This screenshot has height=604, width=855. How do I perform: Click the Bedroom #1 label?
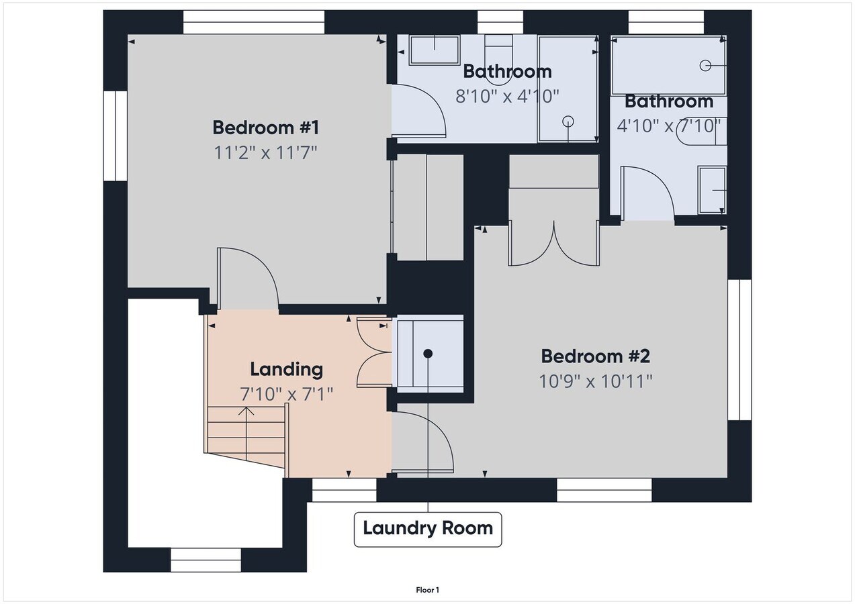(x=265, y=127)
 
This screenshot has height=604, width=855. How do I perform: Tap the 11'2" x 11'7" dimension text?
(x=265, y=153)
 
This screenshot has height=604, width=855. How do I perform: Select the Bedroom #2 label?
(x=595, y=356)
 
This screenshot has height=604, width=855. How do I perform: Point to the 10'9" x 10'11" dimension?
(x=595, y=381)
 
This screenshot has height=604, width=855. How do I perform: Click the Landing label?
(x=286, y=369)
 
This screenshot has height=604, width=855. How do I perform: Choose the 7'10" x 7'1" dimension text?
(x=286, y=394)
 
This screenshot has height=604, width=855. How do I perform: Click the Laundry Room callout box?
(x=428, y=528)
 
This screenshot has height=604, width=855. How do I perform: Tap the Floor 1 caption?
(x=427, y=591)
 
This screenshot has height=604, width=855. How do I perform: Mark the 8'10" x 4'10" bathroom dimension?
(x=507, y=97)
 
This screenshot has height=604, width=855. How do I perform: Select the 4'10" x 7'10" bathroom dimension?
(x=668, y=125)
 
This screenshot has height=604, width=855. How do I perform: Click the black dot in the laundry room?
(x=428, y=353)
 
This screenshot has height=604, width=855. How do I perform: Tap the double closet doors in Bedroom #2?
(x=554, y=243)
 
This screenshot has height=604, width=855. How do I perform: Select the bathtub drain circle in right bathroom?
(x=705, y=65)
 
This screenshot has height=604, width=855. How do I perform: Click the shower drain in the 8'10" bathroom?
(x=568, y=121)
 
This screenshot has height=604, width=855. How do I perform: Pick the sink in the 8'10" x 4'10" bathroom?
(x=435, y=50)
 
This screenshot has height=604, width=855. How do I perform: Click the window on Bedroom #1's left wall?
(x=115, y=136)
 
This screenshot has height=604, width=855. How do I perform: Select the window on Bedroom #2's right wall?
(x=739, y=350)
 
